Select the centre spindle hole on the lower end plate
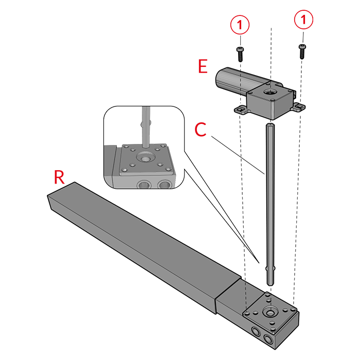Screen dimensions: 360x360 [269, 313]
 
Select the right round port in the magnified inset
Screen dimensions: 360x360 [165, 184]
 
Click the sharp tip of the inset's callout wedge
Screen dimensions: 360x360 [254, 256]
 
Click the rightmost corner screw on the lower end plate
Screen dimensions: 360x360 [293, 310]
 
